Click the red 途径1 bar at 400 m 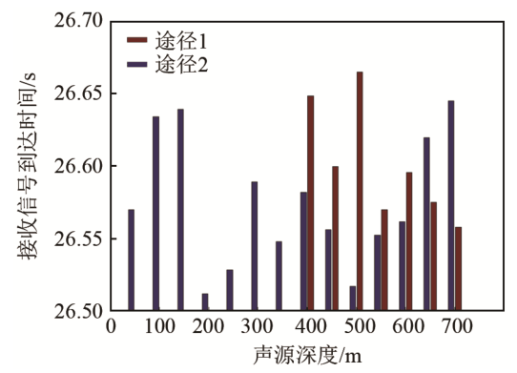(x=310, y=203)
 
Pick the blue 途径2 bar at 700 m (x=451, y=205)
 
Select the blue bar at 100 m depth (x=155, y=214)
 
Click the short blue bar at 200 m (x=205, y=301)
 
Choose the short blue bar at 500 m (x=353, y=298)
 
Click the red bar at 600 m (x=409, y=241)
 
